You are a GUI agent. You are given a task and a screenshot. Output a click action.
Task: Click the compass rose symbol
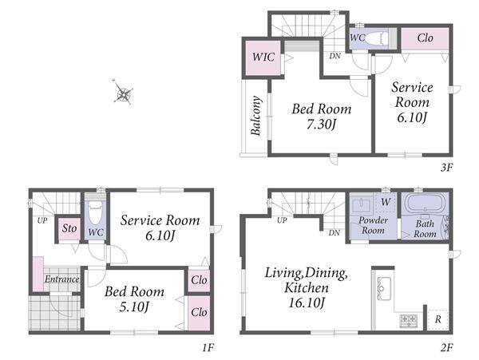123,93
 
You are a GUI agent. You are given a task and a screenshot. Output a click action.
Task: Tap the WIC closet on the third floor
263,57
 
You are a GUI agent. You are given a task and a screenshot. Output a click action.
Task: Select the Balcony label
255,116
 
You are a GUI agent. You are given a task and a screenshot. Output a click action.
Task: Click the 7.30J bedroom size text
322,125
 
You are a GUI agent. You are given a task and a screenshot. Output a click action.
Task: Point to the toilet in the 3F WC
376,38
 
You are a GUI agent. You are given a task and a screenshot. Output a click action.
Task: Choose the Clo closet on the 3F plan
425,38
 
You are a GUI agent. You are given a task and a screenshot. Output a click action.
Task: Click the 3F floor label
446,168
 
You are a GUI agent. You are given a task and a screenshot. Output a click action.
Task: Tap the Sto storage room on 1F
69,228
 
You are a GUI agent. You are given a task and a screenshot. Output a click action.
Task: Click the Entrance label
62,279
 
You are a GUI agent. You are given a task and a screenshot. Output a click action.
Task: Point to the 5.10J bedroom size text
134,307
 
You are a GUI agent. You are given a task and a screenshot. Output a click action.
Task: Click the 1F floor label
208,347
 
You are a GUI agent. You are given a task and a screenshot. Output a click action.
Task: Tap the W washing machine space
386,202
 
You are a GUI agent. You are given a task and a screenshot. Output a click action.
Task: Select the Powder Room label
373,225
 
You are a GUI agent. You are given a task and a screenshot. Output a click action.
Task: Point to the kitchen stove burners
409,320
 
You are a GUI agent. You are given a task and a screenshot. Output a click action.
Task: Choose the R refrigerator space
438,320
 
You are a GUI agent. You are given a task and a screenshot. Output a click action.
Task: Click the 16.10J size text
307,303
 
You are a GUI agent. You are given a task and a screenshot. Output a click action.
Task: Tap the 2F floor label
446,347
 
